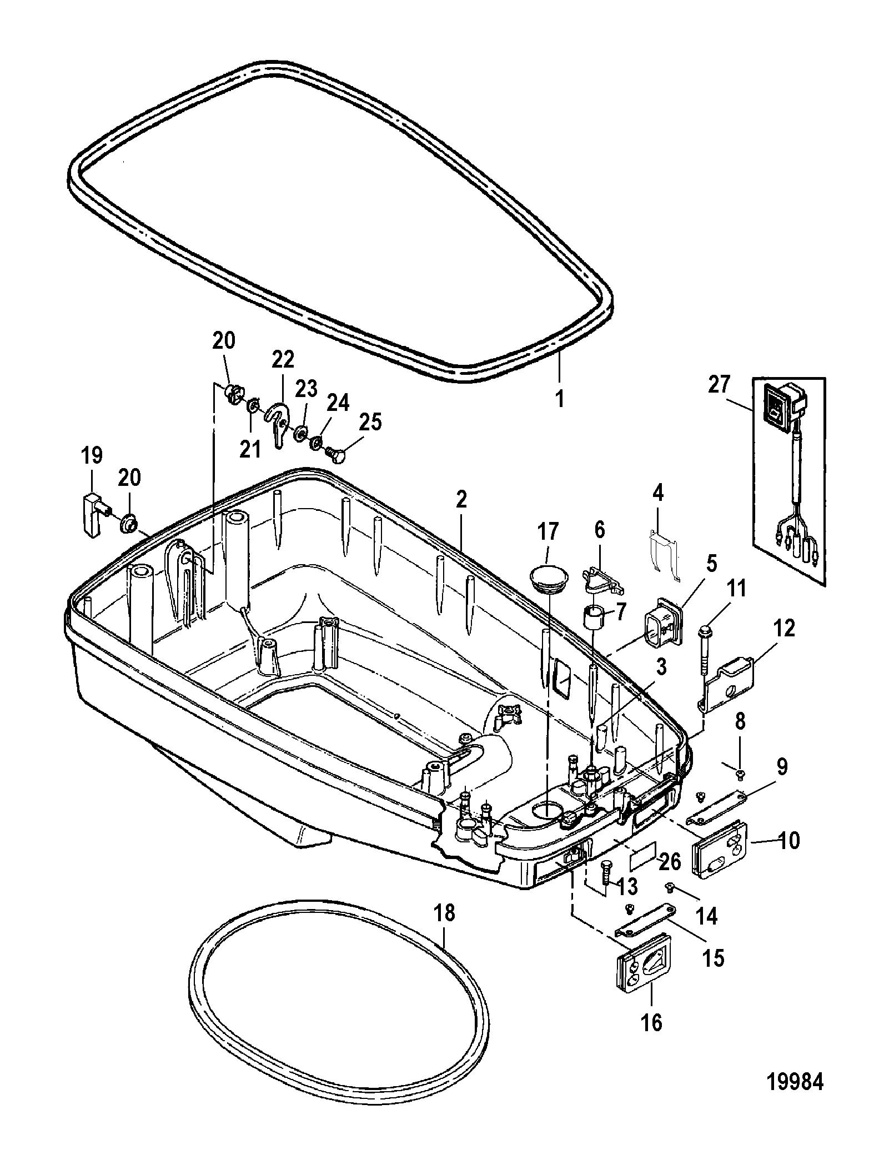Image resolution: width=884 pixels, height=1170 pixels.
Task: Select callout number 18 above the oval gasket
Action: tap(445, 912)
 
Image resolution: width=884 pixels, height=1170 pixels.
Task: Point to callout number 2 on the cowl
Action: tap(460, 501)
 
